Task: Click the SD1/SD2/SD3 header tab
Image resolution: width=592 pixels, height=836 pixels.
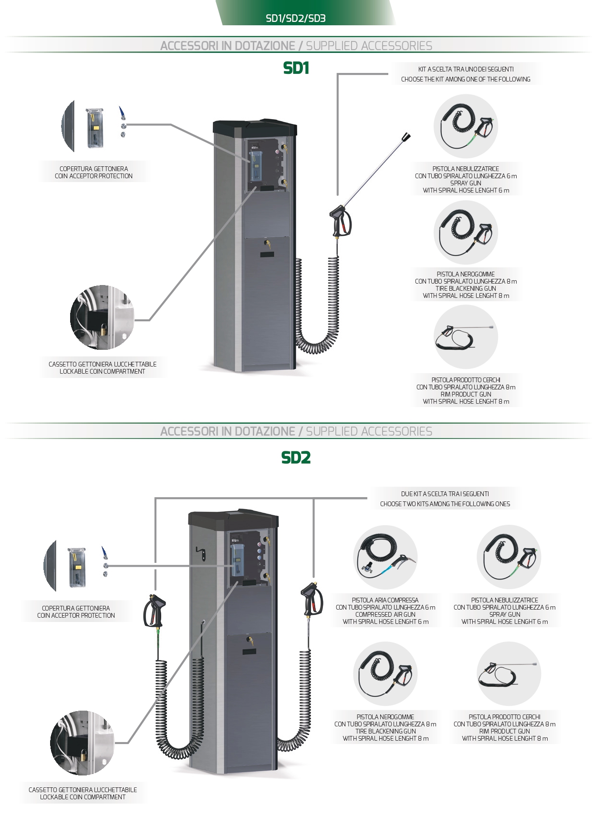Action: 296,18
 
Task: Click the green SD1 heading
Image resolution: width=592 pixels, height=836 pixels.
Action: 296,68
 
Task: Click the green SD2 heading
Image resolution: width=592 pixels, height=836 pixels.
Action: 296,458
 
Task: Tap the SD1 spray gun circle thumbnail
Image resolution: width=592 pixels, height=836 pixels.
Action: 466,126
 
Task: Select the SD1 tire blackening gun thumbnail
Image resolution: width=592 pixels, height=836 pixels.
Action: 466,232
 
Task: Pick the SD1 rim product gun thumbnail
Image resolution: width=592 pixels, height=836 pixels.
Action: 466,337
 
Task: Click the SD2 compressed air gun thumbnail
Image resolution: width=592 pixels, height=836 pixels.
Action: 385,557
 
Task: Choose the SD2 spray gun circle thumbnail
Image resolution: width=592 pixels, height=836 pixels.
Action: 509,557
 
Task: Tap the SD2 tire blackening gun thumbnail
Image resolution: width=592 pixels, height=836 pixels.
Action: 385,673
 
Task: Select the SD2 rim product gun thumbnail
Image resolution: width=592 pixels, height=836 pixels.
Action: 509,673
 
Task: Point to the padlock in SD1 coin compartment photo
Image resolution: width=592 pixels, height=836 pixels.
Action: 103,328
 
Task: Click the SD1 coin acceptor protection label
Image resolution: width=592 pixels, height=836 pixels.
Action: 93,172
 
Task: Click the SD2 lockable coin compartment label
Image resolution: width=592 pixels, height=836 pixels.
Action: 83,793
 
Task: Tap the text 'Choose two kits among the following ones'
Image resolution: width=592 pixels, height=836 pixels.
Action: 445,504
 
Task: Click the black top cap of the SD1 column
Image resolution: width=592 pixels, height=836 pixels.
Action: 255,127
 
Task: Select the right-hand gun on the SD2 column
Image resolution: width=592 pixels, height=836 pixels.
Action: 311,601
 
